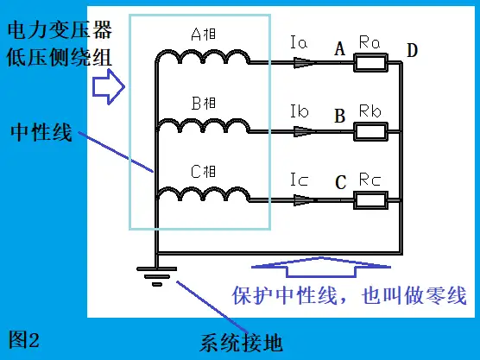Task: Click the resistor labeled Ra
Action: click(370, 63)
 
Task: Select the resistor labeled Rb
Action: click(370, 131)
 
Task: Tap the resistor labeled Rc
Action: click(370, 200)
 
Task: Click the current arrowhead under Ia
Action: click(304, 63)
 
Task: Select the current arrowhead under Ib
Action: click(304, 131)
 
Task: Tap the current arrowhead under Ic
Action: click(304, 200)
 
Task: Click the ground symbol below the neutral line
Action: click(157, 276)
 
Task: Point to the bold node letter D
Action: click(412, 50)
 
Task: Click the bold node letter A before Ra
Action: click(340, 48)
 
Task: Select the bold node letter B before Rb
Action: click(340, 116)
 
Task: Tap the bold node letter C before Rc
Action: click(340, 182)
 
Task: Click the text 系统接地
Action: click(241, 343)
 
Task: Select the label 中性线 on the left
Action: click(41, 132)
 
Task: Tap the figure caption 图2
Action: click(24, 339)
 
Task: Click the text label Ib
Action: click(299, 111)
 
